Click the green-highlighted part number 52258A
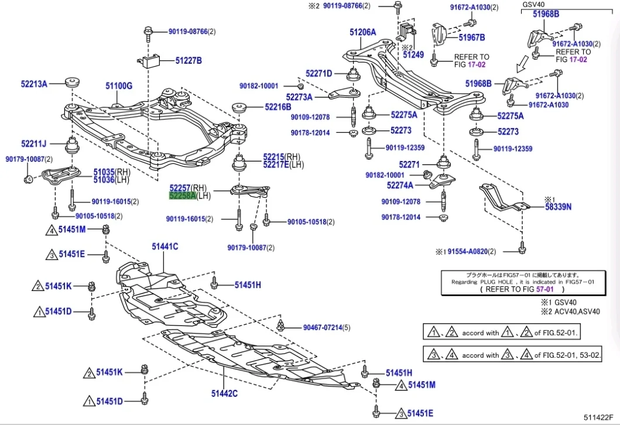[x=183, y=196]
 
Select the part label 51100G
[x=119, y=86]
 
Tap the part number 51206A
[x=363, y=32]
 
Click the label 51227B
[x=189, y=60]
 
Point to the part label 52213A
[x=34, y=84]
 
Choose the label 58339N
[x=559, y=207]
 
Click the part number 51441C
[x=165, y=247]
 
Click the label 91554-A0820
[x=468, y=252]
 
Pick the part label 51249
[x=413, y=54]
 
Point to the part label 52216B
[x=278, y=107]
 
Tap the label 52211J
[x=34, y=143]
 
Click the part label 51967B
[x=472, y=37]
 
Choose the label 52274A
[x=400, y=186]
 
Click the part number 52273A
[x=299, y=97]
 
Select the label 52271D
[x=318, y=74]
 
